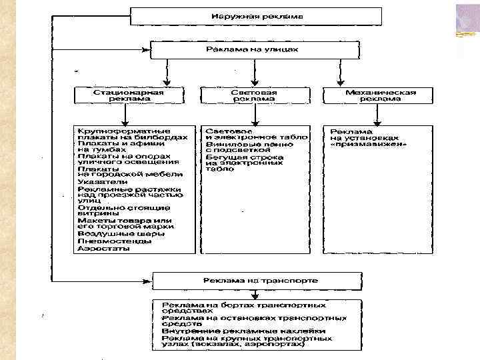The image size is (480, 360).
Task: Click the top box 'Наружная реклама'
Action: (x=256, y=15)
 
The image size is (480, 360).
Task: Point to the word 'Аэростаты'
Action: (x=102, y=247)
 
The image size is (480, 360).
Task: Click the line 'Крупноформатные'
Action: (x=123, y=131)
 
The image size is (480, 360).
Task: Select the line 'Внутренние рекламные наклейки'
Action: (x=243, y=331)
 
